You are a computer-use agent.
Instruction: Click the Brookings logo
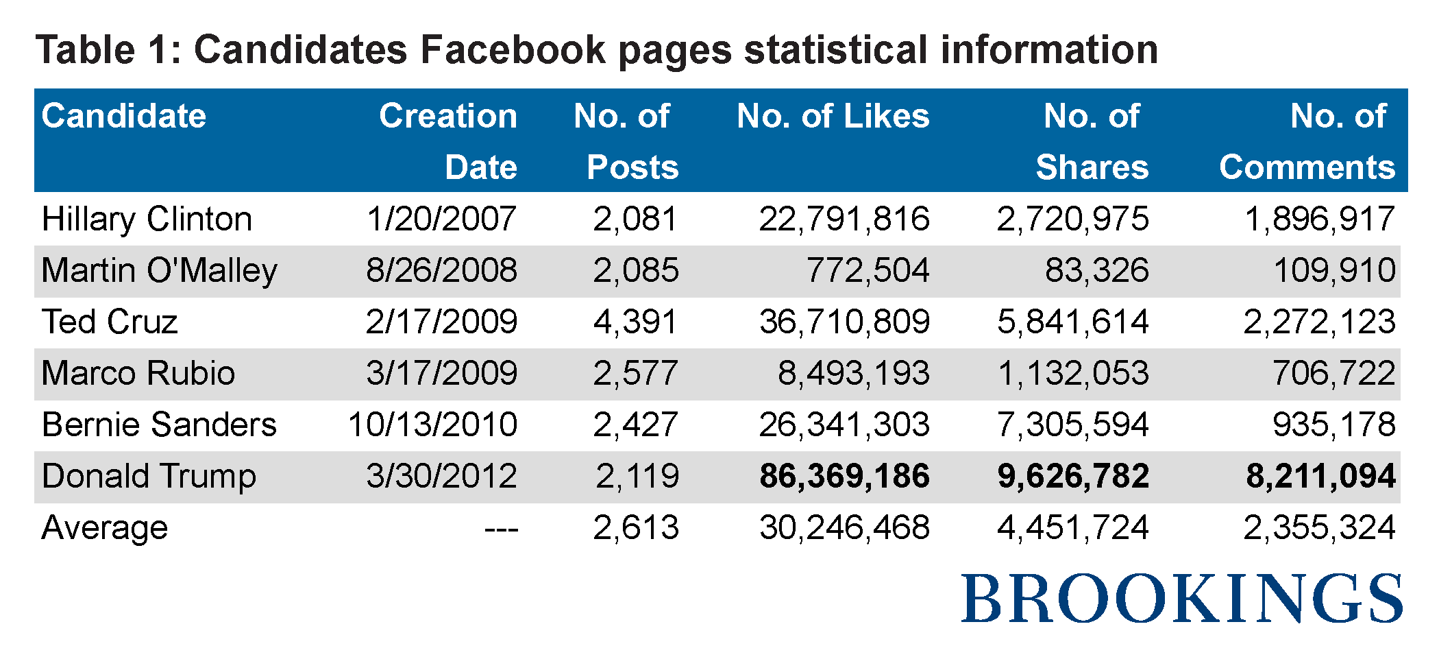[x=1181, y=599]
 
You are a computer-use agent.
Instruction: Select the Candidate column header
[x=123, y=116]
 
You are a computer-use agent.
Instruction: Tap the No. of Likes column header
[x=833, y=116]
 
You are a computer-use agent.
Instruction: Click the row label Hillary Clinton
[x=147, y=219]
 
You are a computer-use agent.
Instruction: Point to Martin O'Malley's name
[x=159, y=271]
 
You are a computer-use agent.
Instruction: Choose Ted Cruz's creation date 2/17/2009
[x=441, y=322]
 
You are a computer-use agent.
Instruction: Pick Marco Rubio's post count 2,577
[x=635, y=374]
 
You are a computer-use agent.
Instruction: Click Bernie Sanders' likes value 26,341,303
[x=844, y=425]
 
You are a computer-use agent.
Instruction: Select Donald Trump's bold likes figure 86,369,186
[x=844, y=477]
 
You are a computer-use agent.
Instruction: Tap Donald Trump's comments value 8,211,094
[x=1320, y=477]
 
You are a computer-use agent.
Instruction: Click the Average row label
[x=104, y=528]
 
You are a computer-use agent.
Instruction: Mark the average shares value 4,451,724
[x=1072, y=528]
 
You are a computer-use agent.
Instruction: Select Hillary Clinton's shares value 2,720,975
[x=1072, y=219]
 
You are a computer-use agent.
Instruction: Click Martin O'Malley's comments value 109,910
[x=1334, y=271]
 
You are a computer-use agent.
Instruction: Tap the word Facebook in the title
[x=513, y=50]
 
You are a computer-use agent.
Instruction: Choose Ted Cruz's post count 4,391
[x=635, y=322]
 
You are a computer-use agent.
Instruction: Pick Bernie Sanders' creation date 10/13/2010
[x=432, y=425]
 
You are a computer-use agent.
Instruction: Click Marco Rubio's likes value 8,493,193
[x=853, y=374]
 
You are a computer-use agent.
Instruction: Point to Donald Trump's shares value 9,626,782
[x=1072, y=477]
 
